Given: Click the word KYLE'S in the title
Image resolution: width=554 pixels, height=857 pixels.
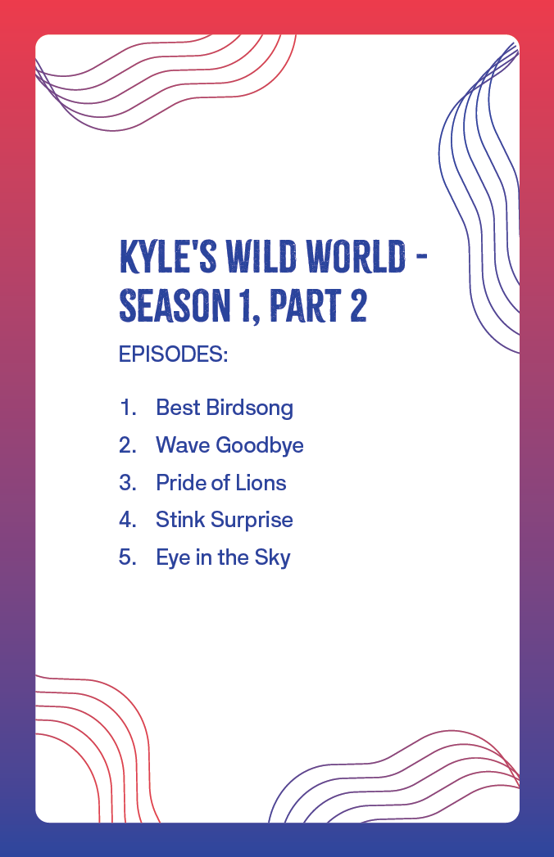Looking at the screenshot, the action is [168, 256].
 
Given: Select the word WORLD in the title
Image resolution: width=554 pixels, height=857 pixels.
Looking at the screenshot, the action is [356, 256].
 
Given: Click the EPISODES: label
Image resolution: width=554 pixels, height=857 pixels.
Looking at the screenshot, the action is [173, 354].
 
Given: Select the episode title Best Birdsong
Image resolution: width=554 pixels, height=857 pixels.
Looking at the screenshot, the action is [225, 408].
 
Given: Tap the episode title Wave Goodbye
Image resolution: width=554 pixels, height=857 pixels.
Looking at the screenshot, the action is [229, 445].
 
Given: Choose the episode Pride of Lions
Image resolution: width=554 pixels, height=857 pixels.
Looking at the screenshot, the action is [221, 483].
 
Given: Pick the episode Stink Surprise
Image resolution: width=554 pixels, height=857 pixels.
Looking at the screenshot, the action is [225, 520].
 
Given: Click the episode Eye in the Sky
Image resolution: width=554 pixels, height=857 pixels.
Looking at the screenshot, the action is [224, 557].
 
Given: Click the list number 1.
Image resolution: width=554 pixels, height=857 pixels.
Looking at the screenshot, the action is [128, 408].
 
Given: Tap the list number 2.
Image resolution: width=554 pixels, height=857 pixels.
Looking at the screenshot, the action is [128, 445].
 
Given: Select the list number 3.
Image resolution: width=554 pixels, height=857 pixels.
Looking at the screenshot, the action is [128, 483].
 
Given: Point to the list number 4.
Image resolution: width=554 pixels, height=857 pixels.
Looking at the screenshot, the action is [128, 520].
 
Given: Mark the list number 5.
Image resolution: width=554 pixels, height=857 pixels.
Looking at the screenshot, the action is [128, 557].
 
